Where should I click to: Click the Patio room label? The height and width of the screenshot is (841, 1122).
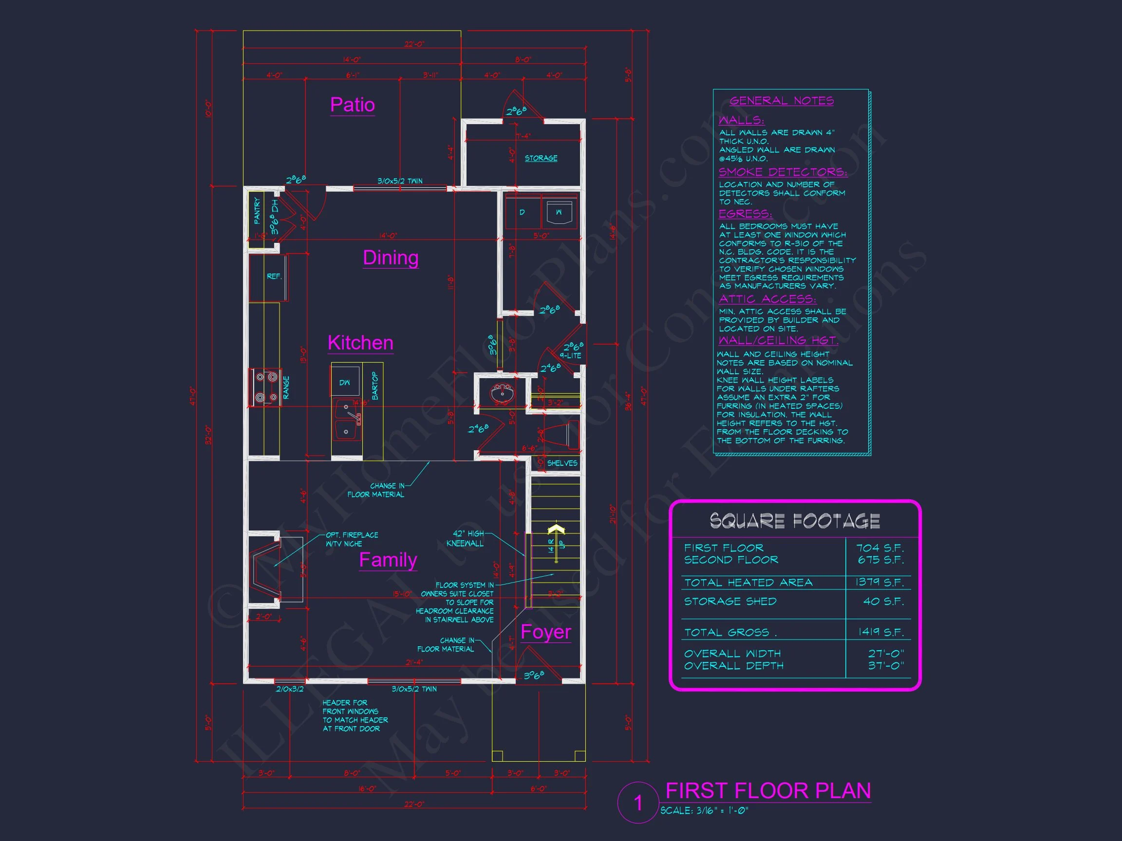coord(352,105)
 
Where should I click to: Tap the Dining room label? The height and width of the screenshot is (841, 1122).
coord(391,257)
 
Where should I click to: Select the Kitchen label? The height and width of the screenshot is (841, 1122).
coord(360,343)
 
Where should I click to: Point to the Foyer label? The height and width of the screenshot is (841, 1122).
coord(545,632)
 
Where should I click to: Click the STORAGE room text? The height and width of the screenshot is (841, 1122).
coord(541,158)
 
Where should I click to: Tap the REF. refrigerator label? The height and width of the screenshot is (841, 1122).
coord(274,276)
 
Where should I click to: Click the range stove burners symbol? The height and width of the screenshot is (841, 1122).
coord(266,387)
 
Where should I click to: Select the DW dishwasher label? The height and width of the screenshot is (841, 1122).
coord(344,383)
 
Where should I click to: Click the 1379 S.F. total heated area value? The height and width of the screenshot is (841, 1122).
coord(879,583)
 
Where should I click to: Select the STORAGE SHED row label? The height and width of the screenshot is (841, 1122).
coord(730,601)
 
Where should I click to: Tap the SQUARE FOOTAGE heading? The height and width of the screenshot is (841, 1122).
coord(794,521)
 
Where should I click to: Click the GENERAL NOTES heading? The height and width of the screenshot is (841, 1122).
coord(781,101)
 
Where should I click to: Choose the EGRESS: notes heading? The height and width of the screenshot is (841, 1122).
coord(745,214)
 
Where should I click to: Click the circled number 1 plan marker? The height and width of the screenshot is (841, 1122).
coord(638,803)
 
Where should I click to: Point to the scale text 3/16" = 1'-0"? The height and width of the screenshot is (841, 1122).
coord(704,811)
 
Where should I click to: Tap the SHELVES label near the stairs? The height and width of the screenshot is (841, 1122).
coord(561,463)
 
